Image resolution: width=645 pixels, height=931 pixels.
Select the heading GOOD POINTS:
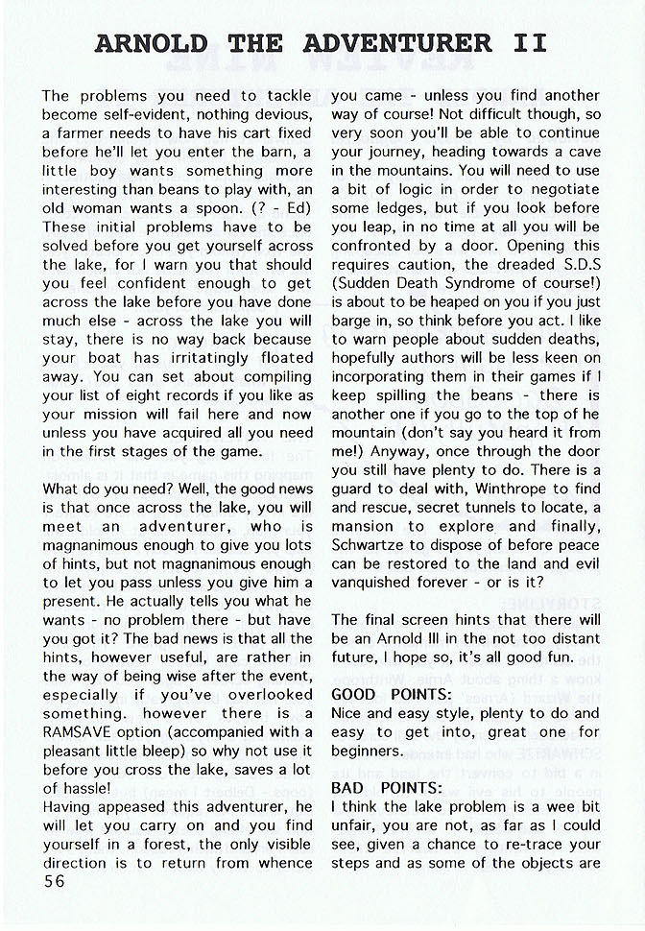[x=391, y=694]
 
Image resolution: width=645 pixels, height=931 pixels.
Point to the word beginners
[x=368, y=751]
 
